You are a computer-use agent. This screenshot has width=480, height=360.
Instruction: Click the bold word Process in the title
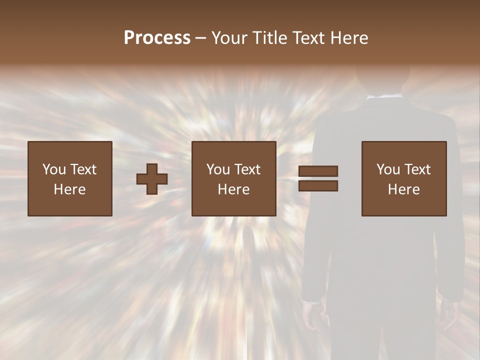157,38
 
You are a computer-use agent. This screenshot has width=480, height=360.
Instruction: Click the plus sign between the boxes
152,179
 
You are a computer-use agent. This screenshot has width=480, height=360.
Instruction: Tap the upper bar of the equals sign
318,171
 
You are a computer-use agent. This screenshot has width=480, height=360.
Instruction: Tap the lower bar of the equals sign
318,186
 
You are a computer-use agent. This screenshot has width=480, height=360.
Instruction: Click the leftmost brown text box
70,178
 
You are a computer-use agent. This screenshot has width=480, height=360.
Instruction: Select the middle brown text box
233,178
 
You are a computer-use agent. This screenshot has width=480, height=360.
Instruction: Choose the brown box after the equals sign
404,178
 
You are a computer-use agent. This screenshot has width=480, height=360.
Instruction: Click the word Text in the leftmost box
83,169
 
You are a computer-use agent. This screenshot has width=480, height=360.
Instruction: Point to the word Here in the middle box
233,189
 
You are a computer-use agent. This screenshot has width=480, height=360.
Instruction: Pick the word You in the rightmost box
388,169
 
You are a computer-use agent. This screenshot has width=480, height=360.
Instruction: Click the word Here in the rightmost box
404,189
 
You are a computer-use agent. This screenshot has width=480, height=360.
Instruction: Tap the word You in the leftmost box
54,169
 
